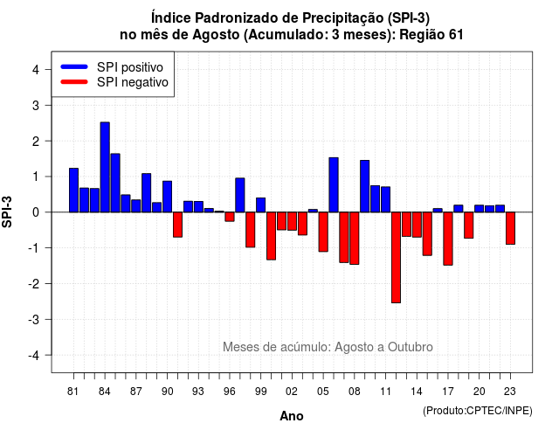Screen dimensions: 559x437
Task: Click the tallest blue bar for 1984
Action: tap(105, 167)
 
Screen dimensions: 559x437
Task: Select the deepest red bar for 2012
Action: tap(396, 258)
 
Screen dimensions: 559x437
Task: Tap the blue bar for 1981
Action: tap(73, 191)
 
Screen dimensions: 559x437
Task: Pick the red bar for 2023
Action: tap(510, 228)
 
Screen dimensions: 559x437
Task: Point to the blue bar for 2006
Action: tap(334, 184)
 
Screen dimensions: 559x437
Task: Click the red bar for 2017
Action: tap(448, 239)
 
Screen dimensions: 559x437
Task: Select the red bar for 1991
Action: tap(177, 225)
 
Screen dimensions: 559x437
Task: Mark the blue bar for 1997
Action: tap(240, 195)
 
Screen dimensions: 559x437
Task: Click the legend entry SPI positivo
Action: tap(130, 67)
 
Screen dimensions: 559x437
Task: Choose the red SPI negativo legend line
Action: tap(74, 82)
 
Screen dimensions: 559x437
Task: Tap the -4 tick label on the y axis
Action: tap(34, 356)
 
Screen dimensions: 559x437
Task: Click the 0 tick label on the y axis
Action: tap(36, 212)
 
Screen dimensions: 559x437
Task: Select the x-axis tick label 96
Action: tap(230, 392)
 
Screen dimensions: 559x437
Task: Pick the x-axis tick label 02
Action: tap(292, 392)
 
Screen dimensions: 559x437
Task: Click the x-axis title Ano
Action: tap(292, 416)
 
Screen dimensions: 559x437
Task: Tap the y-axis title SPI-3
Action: tap(7, 212)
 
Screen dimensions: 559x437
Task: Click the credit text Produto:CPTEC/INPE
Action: tap(478, 411)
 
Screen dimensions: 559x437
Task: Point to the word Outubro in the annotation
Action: tap(410, 347)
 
